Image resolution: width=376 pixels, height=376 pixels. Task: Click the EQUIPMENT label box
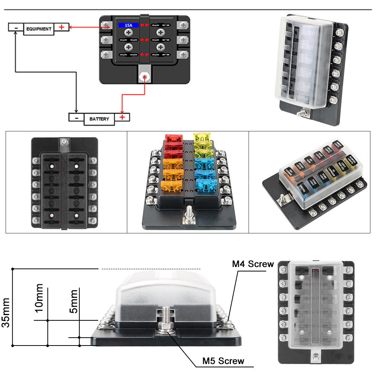[39, 29]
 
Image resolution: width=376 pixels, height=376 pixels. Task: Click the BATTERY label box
[99, 119]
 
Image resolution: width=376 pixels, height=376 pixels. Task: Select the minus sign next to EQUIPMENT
[15, 27]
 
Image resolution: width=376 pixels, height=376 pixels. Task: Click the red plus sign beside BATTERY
[122, 117]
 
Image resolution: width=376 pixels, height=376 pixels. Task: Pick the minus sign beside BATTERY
[76, 117]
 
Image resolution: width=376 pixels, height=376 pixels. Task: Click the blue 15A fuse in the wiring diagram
[129, 25]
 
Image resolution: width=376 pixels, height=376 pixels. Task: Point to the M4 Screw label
[253, 264]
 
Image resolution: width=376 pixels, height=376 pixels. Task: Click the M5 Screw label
[223, 361]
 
